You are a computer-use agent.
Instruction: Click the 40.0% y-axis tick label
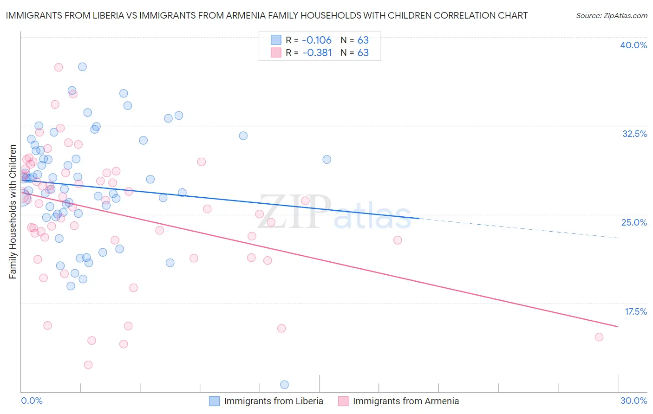pos(633,45)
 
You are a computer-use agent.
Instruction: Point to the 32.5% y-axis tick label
pos(634,134)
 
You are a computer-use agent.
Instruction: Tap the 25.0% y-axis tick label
pos(634,222)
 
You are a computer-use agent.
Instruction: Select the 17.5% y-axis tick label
pos(635,311)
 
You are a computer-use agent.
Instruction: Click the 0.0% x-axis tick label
pos(32,401)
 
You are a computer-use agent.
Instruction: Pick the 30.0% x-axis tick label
pos(633,401)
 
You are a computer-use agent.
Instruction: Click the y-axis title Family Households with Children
pos(13,212)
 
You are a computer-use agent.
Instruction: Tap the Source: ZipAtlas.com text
pos(611,15)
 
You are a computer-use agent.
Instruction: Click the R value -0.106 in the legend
pos(317,40)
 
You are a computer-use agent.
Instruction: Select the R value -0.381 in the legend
pos(317,52)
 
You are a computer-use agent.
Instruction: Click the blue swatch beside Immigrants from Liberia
pos(214,401)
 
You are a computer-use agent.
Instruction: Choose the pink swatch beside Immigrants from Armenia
pos(343,401)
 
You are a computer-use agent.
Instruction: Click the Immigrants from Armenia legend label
pos(405,401)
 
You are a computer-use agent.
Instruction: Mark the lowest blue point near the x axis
pos(284,384)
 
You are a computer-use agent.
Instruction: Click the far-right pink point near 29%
pos(599,337)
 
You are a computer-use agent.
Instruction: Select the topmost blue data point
pos(82,66)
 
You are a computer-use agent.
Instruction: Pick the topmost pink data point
pos(59,67)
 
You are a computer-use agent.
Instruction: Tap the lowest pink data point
pos(88,365)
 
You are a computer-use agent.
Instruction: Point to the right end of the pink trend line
pos(618,327)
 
